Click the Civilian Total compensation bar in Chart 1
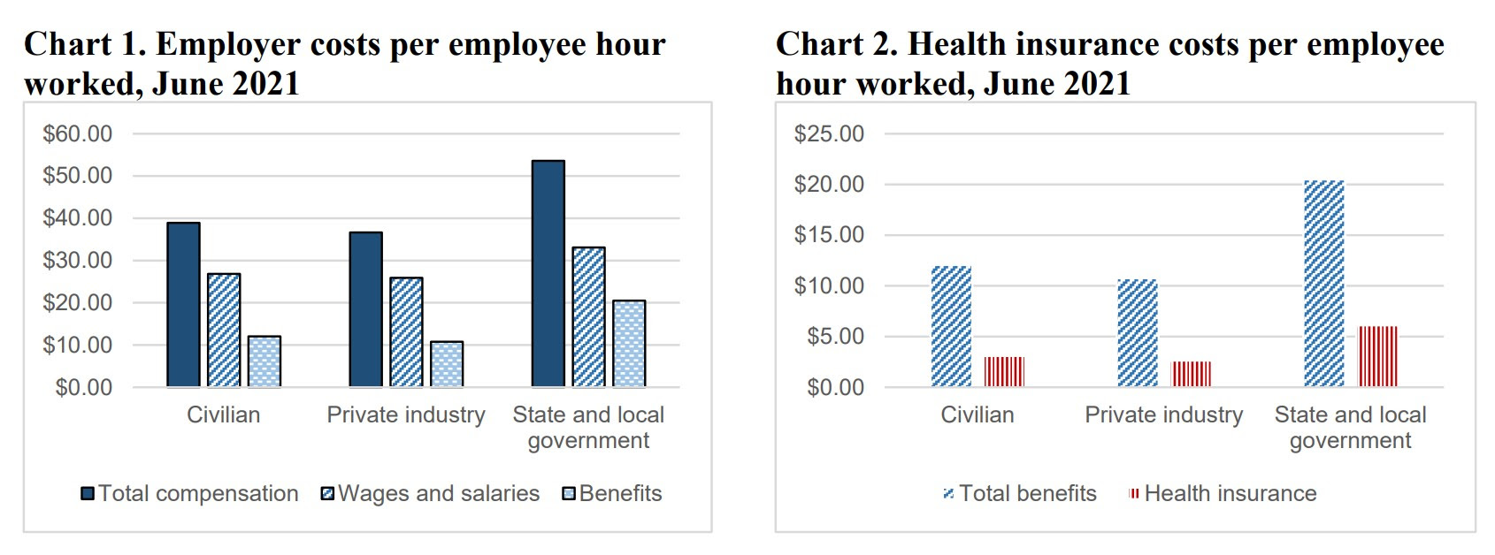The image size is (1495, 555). coord(183,305)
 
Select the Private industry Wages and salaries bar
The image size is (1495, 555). coord(406,332)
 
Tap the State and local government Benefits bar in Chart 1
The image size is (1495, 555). coord(629,344)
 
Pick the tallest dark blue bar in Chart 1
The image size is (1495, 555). coord(548,274)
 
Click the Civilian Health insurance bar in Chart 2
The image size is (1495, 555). coord(1004,372)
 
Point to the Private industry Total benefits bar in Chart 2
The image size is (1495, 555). coord(1137,333)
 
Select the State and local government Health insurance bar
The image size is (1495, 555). coord(1378,357)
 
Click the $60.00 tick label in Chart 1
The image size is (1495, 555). coord(78,134)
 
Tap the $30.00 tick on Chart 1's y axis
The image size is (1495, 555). coord(78,261)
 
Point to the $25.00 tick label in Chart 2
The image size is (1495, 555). coord(829,134)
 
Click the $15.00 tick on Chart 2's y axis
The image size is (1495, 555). coord(829,235)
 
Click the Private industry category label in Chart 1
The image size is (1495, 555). coord(406,414)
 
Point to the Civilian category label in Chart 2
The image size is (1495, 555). coord(977,414)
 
